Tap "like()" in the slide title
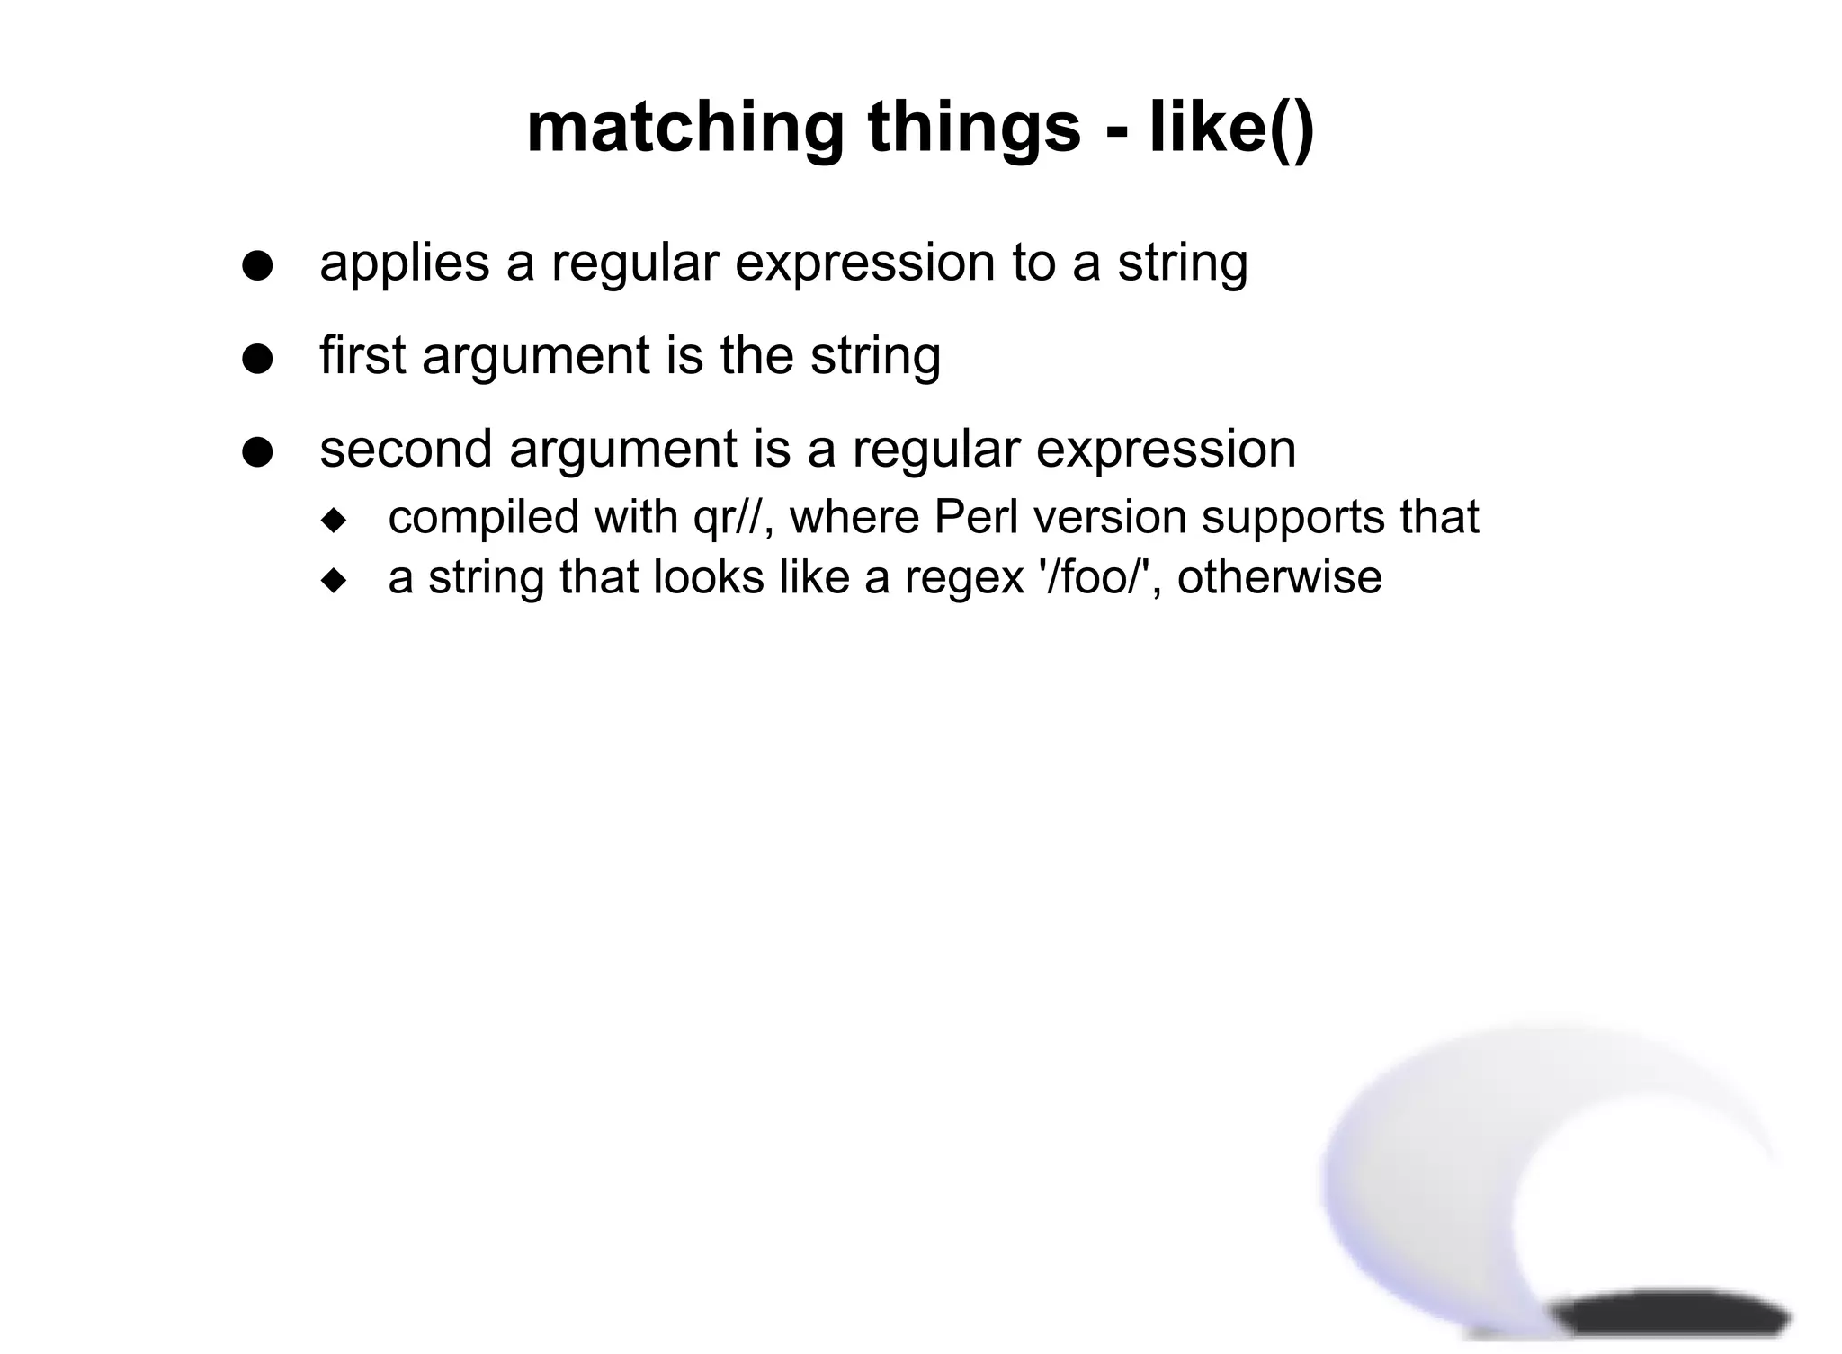pyautogui.click(x=1231, y=129)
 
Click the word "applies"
pyautogui.click(x=405, y=263)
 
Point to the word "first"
pyautogui.click(x=363, y=355)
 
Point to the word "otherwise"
pyautogui.click(x=1279, y=577)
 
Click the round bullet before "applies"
pyautogui.click(x=257, y=267)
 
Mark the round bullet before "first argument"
pyautogui.click(x=257, y=360)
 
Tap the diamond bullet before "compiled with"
pyautogui.click(x=334, y=521)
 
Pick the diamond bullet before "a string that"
pyautogui.click(x=334, y=581)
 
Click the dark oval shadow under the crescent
pyautogui.click(x=1673, y=1318)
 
